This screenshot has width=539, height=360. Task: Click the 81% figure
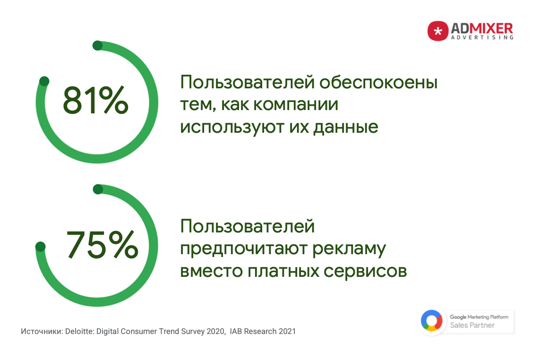95,100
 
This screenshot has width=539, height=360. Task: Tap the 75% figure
102,244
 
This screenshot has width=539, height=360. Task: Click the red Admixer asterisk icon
437,31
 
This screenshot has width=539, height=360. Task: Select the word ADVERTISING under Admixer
482,37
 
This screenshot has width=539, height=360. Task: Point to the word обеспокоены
378,83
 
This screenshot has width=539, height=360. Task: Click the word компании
296,104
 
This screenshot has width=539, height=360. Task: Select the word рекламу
349,249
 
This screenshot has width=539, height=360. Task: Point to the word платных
283,271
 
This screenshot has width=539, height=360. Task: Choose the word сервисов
365,271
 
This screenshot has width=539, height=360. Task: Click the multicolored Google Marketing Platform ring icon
432,320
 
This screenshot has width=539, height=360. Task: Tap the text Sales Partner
472,325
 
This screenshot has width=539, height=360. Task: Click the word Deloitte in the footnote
80,332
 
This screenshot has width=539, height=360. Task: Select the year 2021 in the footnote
287,332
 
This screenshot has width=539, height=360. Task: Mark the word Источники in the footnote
42,332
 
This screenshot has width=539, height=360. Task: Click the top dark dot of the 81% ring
98,45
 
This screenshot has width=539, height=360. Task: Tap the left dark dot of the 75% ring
40,247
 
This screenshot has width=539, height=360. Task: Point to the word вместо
212,271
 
